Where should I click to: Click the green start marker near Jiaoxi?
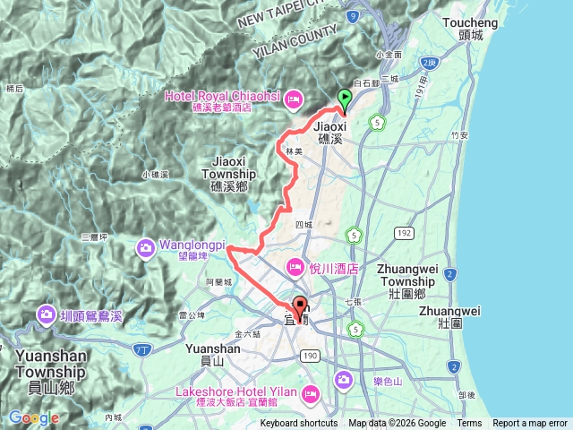coord(344,100)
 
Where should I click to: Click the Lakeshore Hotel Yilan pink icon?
coord(311,391)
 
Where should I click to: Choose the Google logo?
coord(33,417)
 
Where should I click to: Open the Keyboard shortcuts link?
coord(299,424)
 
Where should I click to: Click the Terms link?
coord(469,424)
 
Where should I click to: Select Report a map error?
coord(530,424)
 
